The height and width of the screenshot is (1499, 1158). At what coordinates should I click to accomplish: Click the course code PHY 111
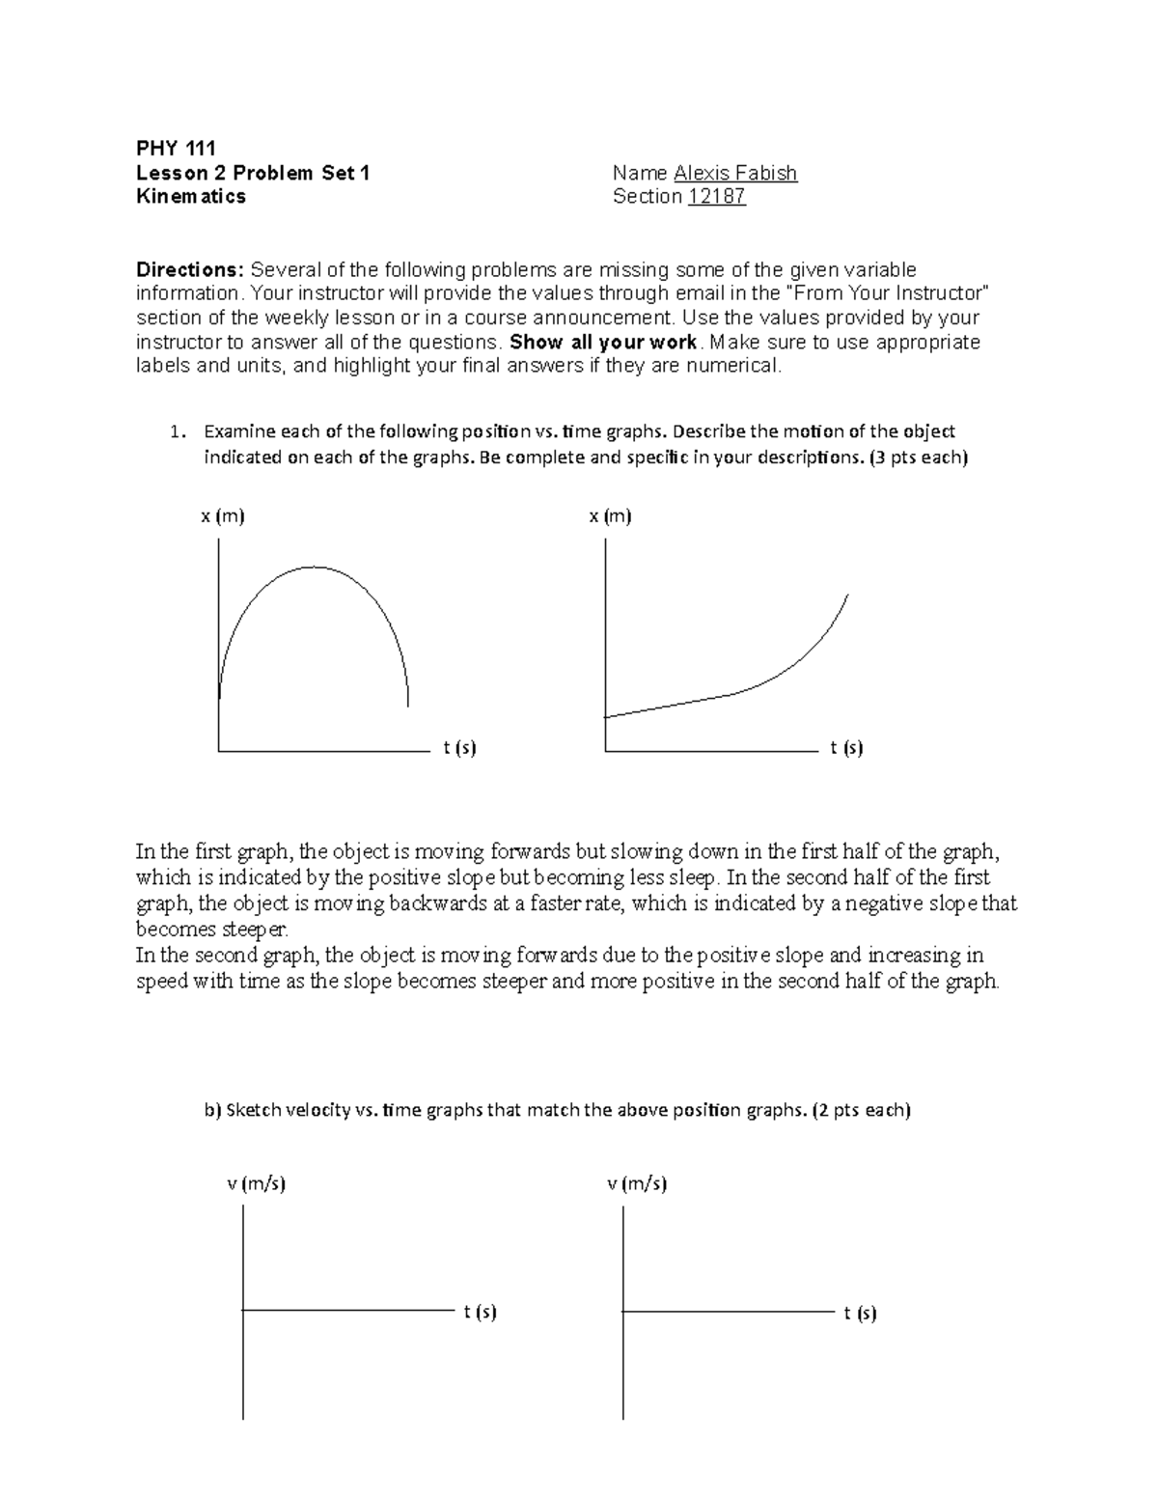(176, 148)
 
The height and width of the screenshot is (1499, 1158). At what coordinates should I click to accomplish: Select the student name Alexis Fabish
(735, 173)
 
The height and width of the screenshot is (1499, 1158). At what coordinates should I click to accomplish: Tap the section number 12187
(716, 197)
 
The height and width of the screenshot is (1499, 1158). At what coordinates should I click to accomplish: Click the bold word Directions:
(190, 269)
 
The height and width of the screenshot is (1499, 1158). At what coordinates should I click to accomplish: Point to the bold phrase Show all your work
(602, 343)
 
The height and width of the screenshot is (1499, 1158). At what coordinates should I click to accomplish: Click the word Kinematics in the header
(190, 197)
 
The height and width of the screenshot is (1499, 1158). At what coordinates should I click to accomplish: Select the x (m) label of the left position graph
(223, 516)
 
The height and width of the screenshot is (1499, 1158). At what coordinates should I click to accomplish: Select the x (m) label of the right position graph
(610, 516)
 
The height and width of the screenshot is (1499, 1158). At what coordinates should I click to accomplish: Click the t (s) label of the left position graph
(460, 748)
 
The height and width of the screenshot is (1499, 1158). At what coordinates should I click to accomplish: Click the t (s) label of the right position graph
(846, 748)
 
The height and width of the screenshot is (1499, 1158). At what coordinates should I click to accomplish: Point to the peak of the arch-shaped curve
(313, 568)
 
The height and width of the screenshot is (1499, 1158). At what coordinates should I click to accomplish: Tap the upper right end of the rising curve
(846, 597)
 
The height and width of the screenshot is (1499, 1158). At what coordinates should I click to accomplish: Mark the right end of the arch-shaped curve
(407, 706)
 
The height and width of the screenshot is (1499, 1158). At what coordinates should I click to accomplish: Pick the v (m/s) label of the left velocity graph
(256, 1183)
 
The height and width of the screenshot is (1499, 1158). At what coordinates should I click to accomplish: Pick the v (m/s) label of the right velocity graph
(637, 1183)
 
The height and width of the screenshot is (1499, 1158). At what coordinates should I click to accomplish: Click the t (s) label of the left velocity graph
(480, 1312)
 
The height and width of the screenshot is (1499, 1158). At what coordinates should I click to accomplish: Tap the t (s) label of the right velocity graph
(860, 1313)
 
